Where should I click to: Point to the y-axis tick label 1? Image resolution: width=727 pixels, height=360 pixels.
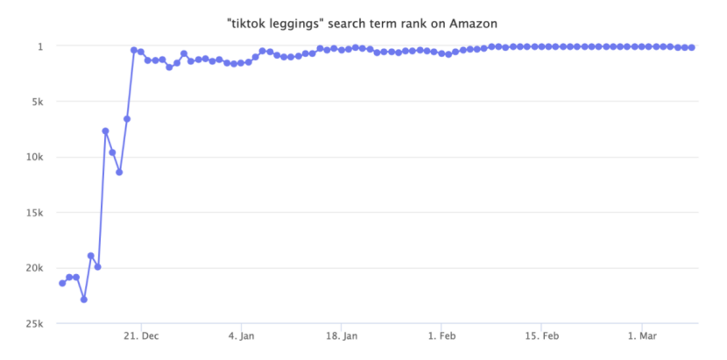click(39, 46)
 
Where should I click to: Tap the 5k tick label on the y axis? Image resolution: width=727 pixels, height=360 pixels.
click(36, 102)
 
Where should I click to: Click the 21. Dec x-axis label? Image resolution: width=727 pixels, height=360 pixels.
click(141, 336)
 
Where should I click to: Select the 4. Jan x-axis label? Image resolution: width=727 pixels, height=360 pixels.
click(241, 336)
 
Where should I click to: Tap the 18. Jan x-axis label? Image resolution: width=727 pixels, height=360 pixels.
click(342, 336)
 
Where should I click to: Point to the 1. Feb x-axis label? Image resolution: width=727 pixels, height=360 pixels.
click(441, 336)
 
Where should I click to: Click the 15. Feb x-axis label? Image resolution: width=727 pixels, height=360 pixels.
click(542, 336)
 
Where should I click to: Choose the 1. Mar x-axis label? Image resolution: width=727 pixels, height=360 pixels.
click(642, 336)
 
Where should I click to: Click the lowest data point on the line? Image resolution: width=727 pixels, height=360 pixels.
click(84, 300)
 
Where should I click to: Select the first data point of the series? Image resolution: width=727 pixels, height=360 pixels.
click(62, 283)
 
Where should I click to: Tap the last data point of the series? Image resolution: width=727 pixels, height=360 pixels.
click(692, 47)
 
